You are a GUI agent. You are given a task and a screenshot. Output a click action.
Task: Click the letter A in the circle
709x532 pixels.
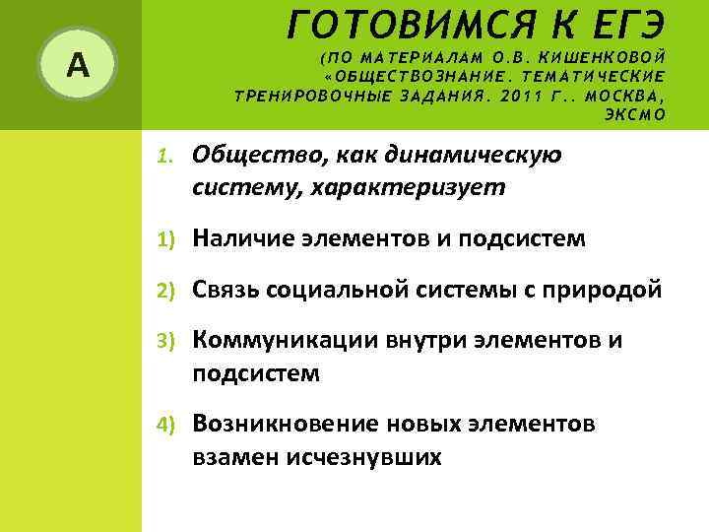point(77,65)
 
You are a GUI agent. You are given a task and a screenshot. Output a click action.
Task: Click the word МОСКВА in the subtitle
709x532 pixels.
point(622,96)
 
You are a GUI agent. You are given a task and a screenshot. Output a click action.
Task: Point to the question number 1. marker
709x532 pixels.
point(166,156)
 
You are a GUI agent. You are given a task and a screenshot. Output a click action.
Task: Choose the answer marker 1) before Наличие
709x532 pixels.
point(166,239)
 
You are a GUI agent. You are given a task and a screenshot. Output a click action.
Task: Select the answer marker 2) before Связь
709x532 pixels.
point(166,291)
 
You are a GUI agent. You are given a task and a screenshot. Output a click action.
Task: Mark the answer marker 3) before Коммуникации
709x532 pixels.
point(166,342)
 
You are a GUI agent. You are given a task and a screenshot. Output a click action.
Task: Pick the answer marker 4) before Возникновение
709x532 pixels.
point(166,425)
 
